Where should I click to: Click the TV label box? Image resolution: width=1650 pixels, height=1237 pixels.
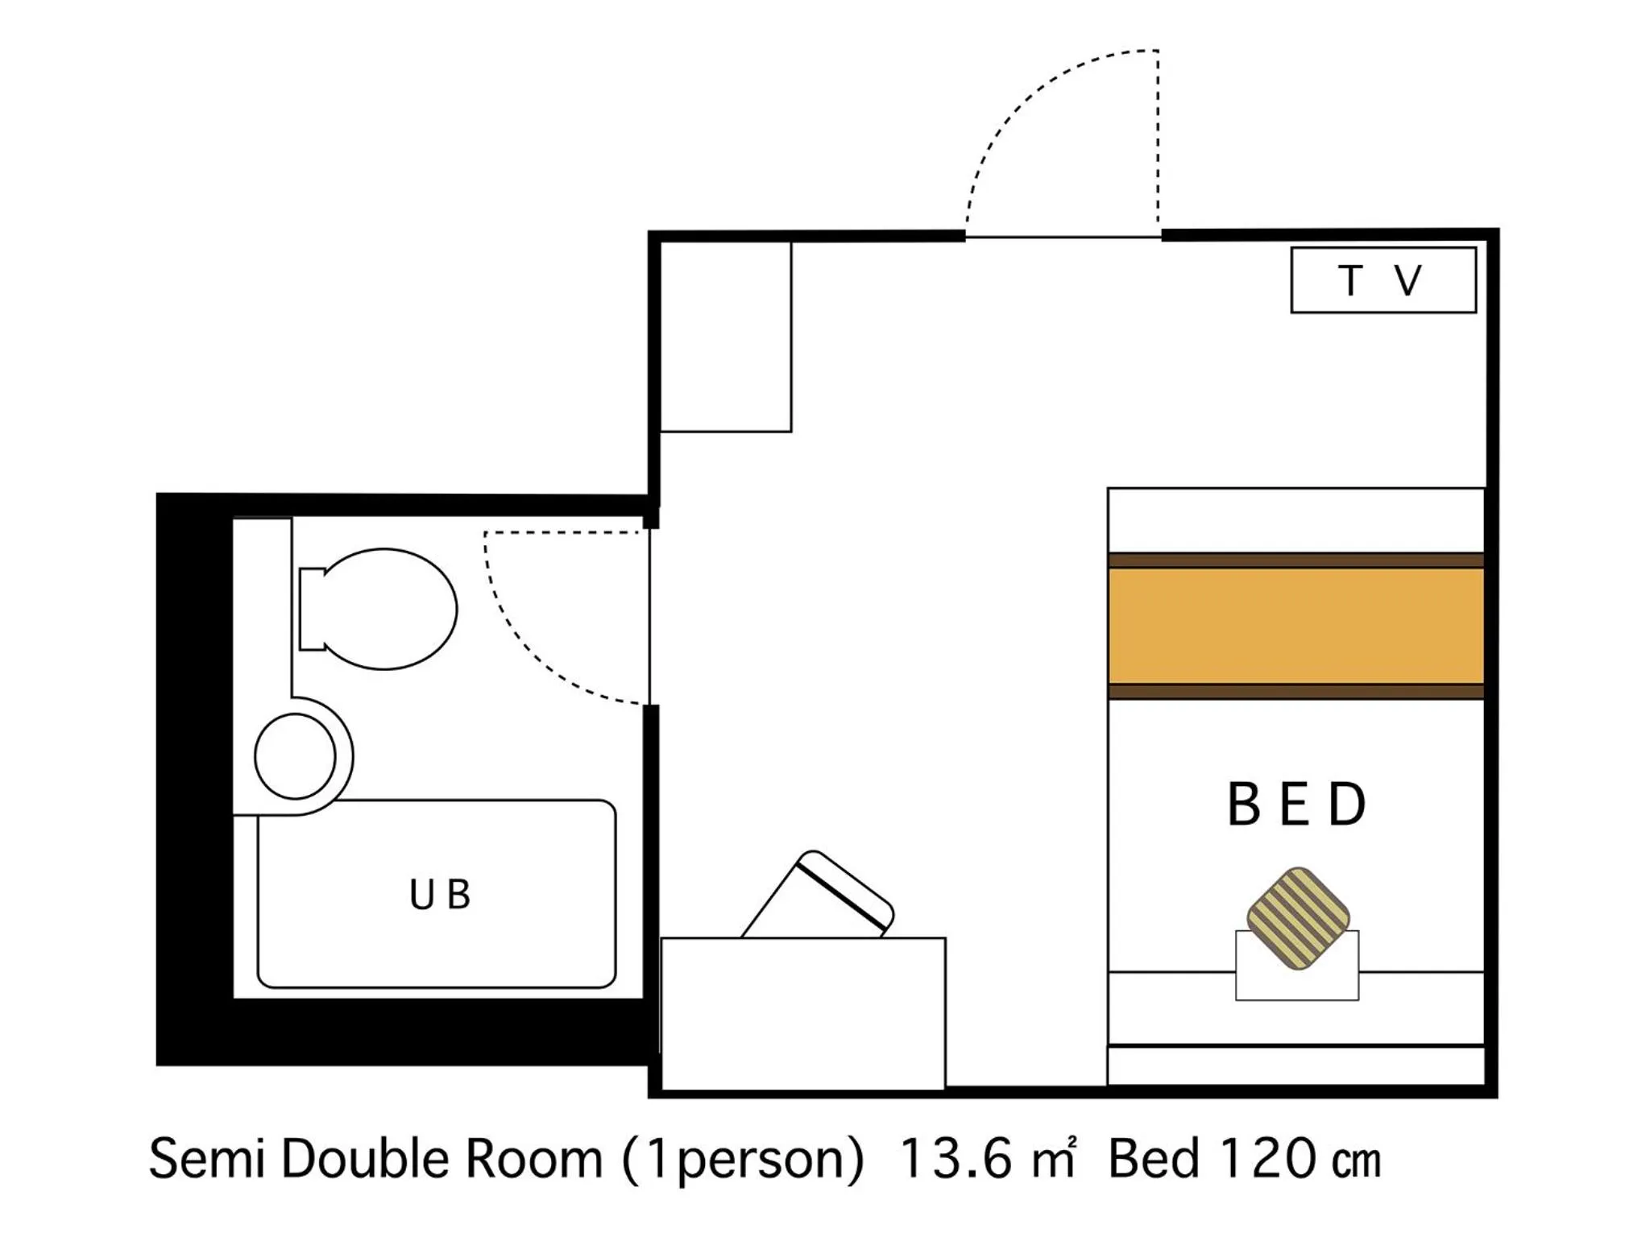tap(1383, 279)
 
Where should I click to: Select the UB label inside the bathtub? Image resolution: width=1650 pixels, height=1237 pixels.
tap(439, 894)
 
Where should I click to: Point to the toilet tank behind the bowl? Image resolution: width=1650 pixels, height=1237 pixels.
tap(310, 609)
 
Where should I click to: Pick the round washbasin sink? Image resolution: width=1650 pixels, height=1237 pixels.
tap(295, 756)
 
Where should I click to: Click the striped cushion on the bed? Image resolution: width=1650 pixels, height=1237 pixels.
tap(1297, 918)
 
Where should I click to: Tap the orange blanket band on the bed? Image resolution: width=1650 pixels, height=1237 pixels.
tap(1296, 626)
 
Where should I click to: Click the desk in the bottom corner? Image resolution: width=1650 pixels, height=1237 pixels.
tap(802, 1012)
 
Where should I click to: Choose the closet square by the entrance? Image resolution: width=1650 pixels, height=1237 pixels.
tap(725, 337)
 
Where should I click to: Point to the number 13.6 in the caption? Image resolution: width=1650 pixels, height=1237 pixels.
tap(955, 1160)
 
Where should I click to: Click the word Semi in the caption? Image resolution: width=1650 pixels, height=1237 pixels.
tap(207, 1160)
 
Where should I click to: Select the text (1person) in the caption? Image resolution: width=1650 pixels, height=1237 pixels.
tap(743, 1160)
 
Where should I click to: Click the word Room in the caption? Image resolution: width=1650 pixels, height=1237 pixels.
tap(534, 1160)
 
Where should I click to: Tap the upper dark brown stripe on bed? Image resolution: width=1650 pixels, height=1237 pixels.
tap(1296, 561)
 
